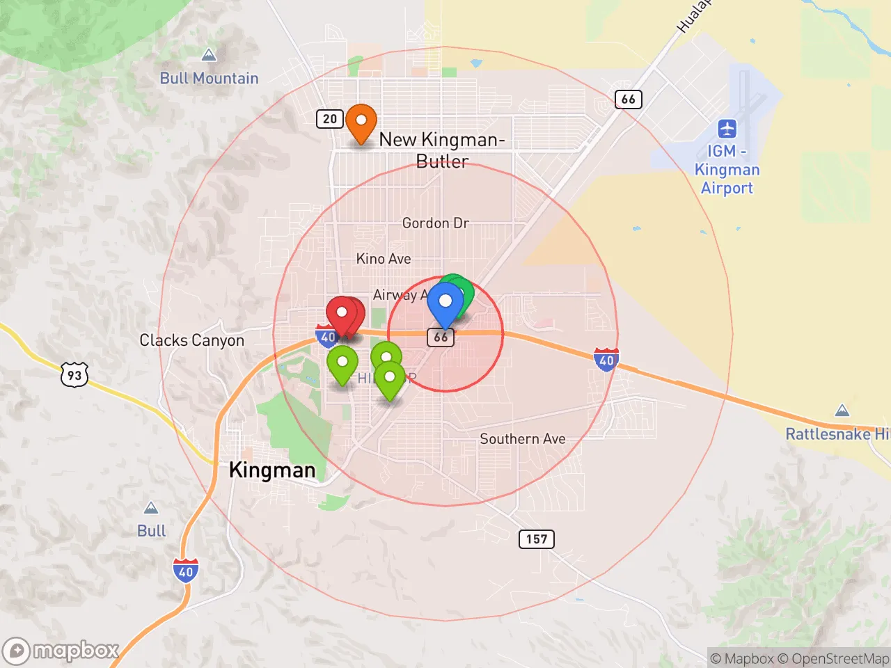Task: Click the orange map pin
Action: point(361,122)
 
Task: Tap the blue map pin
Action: point(445,303)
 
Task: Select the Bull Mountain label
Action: point(209,78)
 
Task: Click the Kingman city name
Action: point(272,470)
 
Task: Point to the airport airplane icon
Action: point(727,129)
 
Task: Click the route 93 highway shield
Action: point(74,375)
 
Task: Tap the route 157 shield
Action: point(537,539)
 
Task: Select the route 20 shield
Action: point(330,118)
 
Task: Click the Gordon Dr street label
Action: point(436,223)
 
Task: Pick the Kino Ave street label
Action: point(384,259)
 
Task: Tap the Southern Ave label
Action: point(523,439)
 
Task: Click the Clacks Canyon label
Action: point(192,340)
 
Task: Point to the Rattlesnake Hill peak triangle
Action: point(842,411)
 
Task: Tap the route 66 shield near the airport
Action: point(628,99)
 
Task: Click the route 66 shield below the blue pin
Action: point(441,337)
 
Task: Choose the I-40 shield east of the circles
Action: point(606,360)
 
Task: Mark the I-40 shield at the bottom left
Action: point(186,571)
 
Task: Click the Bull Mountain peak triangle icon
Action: point(208,55)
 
